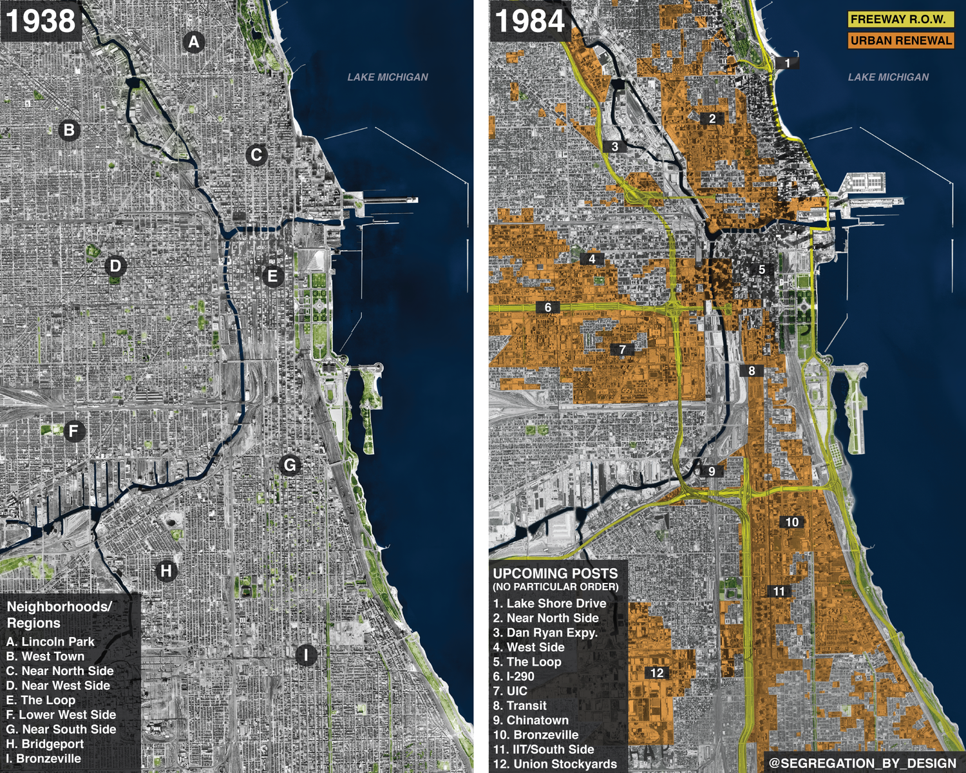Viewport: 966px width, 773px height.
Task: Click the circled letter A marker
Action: coord(193,43)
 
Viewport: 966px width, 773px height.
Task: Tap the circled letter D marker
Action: coord(115,266)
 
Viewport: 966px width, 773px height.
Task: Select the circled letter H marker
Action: coord(166,571)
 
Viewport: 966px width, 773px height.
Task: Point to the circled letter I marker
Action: coord(306,655)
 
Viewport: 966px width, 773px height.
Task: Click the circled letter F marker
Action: coord(74,431)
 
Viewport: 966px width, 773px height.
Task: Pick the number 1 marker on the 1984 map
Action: coord(787,63)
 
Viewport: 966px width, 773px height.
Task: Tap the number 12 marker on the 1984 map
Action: coord(657,673)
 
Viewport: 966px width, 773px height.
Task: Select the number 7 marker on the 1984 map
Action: coord(622,350)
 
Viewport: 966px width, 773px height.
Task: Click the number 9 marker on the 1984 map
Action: coord(712,471)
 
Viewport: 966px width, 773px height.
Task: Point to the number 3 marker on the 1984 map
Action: coord(615,147)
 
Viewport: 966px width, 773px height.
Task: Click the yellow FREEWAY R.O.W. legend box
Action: coord(900,19)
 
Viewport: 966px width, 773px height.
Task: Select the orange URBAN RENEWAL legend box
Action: coord(900,41)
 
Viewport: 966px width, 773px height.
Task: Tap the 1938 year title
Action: coord(41,21)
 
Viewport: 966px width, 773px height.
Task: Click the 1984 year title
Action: coord(530,21)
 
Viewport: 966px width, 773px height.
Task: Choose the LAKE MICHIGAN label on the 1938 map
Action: coord(388,77)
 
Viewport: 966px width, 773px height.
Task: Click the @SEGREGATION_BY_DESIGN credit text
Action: coord(862,763)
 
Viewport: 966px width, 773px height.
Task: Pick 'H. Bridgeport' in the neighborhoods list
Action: coord(45,744)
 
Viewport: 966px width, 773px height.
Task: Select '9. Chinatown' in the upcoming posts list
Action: coord(531,720)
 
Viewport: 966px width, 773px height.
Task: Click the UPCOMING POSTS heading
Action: coord(555,573)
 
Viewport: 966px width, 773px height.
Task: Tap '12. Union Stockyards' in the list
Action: coord(555,765)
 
